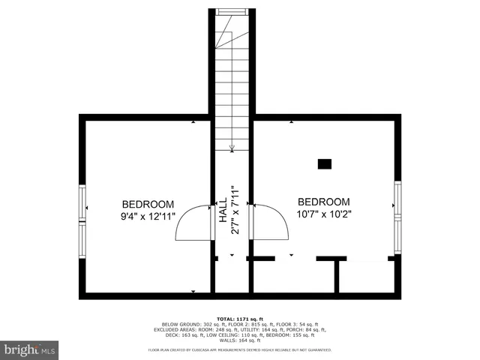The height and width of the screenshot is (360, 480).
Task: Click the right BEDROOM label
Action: [324, 202]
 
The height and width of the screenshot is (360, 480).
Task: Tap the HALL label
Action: [223, 211]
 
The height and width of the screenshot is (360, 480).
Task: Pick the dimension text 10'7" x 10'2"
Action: [324, 214]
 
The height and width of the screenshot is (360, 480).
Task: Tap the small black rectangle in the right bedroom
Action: [325, 163]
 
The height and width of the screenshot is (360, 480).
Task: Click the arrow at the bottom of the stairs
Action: [232, 145]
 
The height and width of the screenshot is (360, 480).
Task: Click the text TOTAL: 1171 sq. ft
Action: [239, 318]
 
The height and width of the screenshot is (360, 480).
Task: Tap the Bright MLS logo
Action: [30, 349]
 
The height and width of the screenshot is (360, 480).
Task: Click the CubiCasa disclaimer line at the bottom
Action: [240, 350]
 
